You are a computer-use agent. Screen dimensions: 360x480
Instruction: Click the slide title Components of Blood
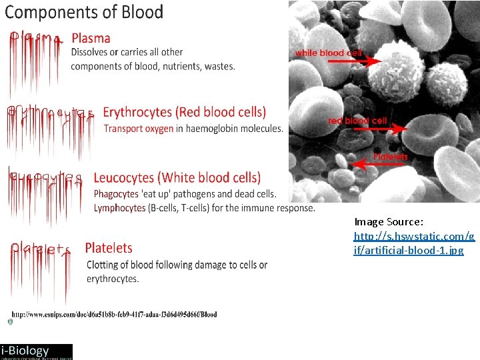click(84, 12)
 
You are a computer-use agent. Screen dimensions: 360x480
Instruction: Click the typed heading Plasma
click(91, 39)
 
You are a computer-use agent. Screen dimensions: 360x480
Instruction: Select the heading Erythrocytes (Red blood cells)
click(184, 112)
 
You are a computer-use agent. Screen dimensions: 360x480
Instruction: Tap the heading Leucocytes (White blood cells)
click(177, 178)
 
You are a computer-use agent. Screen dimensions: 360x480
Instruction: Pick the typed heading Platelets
click(109, 248)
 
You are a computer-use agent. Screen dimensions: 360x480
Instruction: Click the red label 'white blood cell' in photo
click(328, 53)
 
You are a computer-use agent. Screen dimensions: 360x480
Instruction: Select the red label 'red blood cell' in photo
click(357, 121)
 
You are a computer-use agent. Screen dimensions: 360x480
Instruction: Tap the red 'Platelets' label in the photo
click(390, 157)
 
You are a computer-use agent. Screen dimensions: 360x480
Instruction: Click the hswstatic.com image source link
click(414, 243)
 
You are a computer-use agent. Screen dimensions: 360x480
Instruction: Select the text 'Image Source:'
click(389, 222)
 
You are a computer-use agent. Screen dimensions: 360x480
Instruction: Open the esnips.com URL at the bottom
click(114, 314)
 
